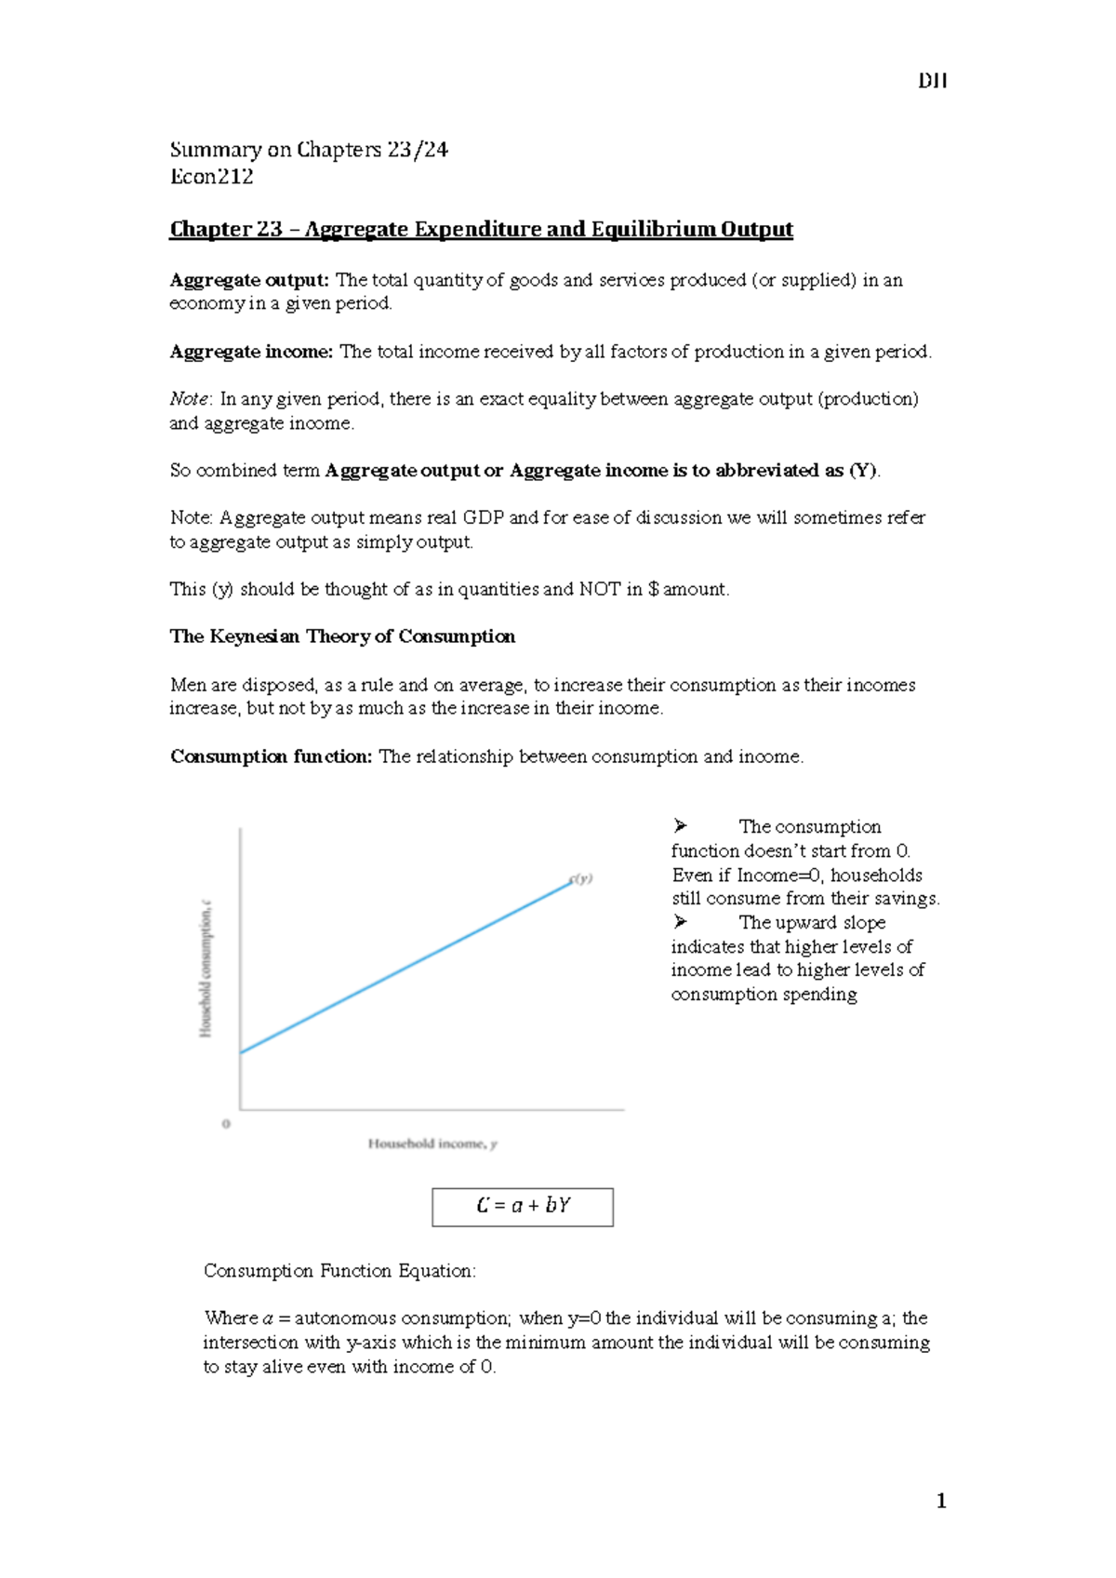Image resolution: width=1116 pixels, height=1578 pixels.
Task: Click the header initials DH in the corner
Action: click(932, 81)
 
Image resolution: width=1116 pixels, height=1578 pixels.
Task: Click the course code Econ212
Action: click(212, 177)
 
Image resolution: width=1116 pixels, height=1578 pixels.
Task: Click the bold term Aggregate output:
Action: click(249, 280)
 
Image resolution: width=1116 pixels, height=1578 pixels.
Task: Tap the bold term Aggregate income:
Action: click(251, 352)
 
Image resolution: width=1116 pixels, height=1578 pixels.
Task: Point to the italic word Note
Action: click(189, 399)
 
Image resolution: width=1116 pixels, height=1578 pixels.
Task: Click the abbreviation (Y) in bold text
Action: click(862, 471)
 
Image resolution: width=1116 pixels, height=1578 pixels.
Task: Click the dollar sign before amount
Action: click(654, 589)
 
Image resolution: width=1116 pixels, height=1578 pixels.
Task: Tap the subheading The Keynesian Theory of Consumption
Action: click(342, 636)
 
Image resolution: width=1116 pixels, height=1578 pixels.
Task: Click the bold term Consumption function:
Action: click(271, 756)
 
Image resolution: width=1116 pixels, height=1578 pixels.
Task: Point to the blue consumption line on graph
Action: click(406, 967)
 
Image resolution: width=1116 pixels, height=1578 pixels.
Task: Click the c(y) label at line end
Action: click(581, 878)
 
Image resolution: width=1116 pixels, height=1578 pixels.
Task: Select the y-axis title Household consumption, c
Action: click(206, 968)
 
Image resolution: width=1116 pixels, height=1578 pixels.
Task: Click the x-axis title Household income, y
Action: click(432, 1143)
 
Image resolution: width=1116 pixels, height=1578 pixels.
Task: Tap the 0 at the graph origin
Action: click(226, 1124)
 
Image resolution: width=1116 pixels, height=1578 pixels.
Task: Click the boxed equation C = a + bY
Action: click(523, 1206)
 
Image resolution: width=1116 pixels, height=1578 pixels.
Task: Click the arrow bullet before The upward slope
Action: click(681, 922)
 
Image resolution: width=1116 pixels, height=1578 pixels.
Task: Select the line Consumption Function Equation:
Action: click(339, 1271)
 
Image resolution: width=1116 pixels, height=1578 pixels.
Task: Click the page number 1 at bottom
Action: click(941, 1500)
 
